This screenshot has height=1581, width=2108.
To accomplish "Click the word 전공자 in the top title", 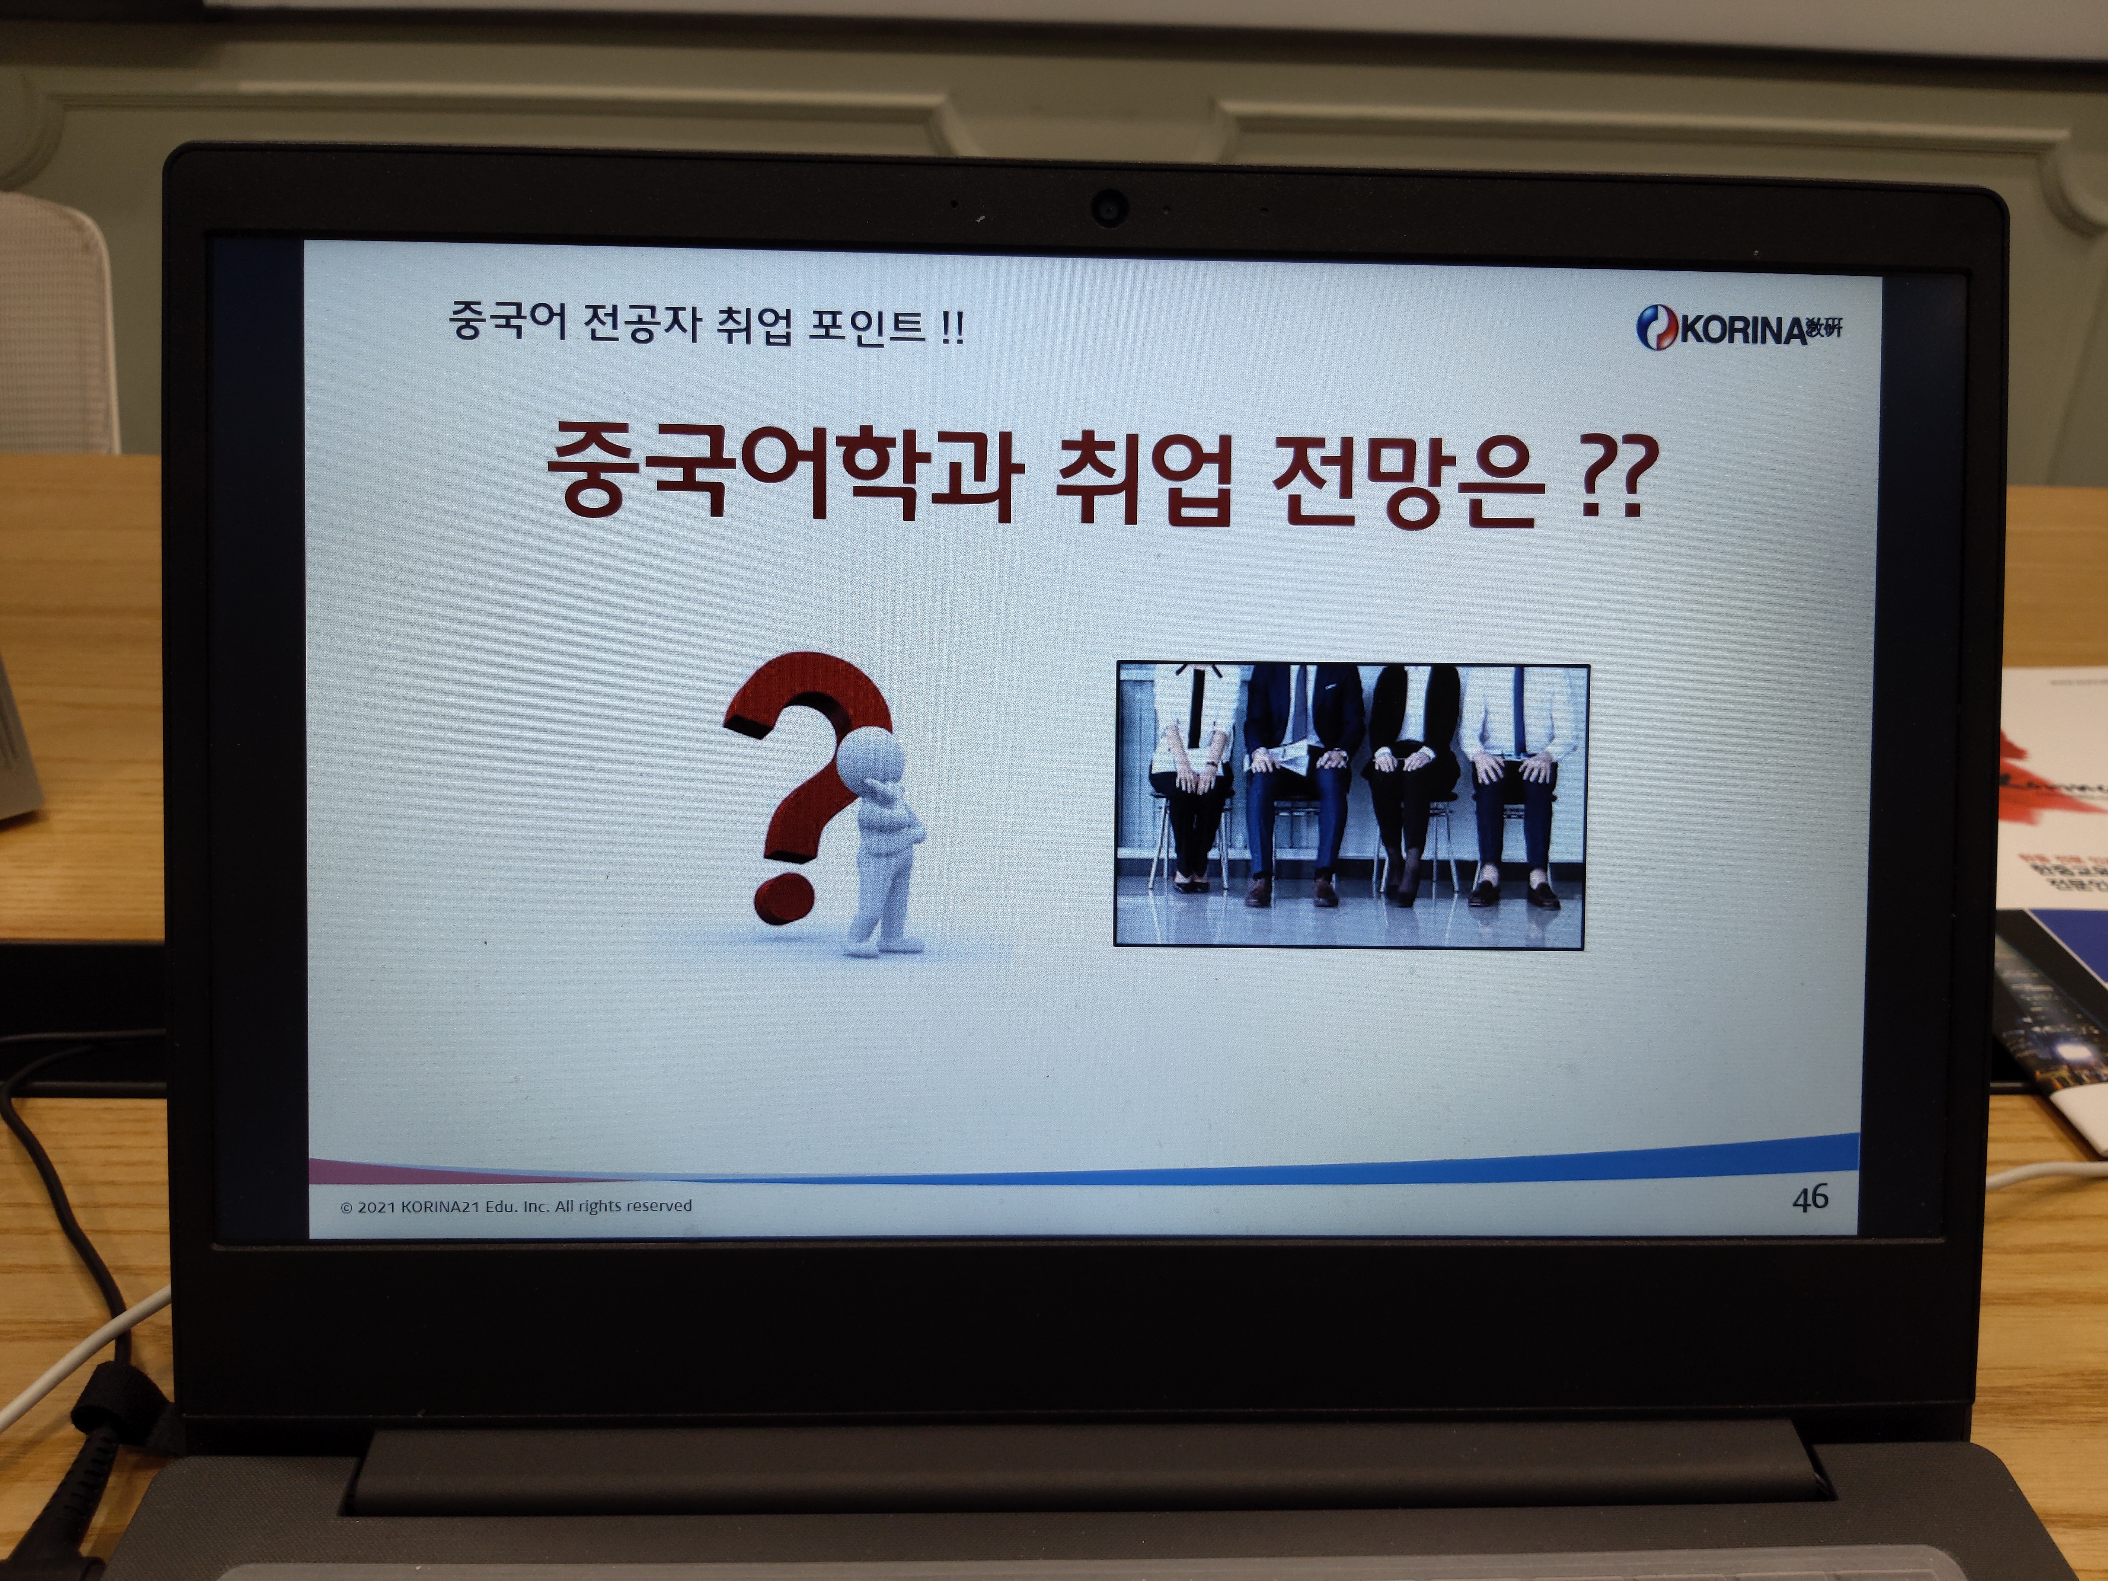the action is (641, 322).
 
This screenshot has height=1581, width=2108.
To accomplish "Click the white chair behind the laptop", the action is (57, 324).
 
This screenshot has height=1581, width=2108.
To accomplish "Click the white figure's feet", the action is (882, 946).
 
